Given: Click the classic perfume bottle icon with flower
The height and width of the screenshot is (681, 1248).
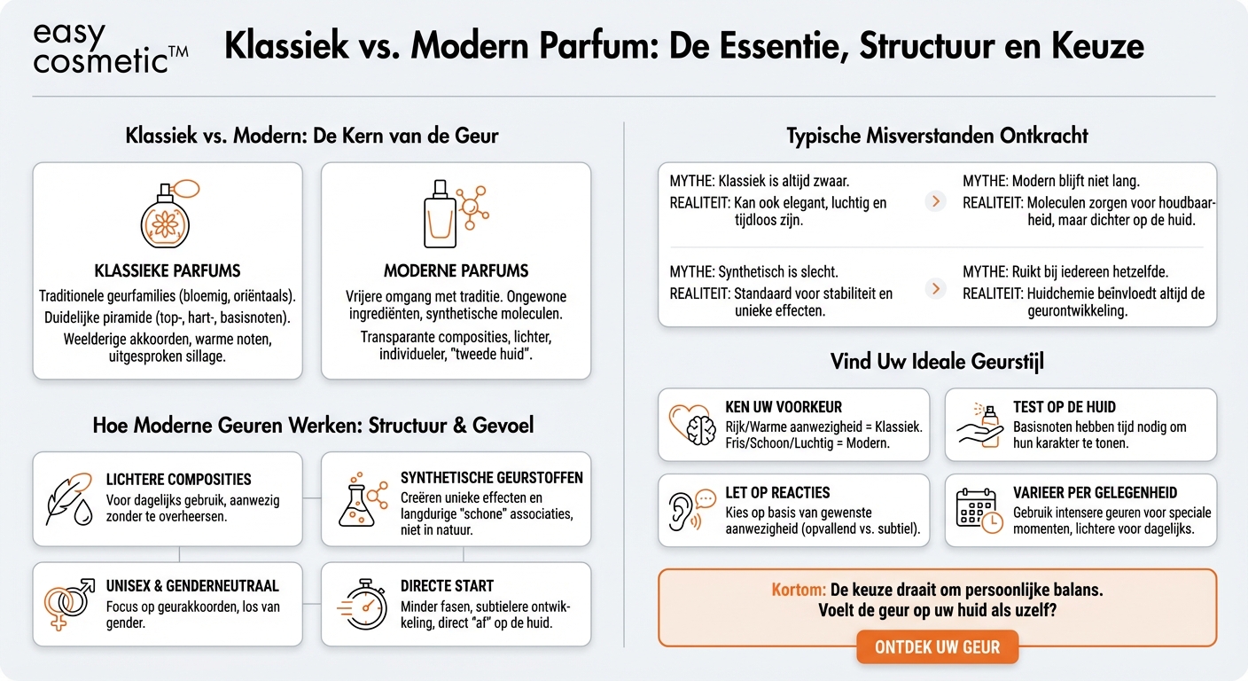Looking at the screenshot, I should (167, 216).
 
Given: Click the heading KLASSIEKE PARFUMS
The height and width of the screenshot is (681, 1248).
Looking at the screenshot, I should (168, 270).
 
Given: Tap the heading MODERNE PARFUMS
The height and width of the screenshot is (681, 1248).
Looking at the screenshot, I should (456, 270).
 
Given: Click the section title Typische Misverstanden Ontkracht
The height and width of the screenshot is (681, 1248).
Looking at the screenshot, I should (937, 137).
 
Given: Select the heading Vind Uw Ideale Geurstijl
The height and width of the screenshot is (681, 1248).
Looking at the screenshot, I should (937, 362).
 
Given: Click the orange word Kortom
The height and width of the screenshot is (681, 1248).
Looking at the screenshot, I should (799, 590).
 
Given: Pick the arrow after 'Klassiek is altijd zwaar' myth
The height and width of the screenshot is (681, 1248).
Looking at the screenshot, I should (935, 201).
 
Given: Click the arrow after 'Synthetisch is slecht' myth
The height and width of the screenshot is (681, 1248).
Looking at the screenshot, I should (935, 289).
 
